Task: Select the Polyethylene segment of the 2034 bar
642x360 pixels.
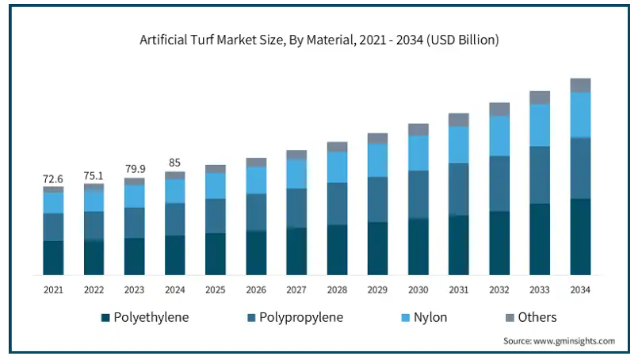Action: point(580,236)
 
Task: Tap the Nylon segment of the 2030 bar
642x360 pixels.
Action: point(418,152)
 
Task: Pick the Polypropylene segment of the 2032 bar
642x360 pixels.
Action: point(499,183)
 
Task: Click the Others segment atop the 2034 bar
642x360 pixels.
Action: point(580,85)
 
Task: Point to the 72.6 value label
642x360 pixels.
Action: point(53,180)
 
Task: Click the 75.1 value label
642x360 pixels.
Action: point(94,177)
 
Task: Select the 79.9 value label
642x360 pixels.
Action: point(135,170)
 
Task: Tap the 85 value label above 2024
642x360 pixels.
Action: point(174,163)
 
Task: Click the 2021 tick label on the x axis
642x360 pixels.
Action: point(53,289)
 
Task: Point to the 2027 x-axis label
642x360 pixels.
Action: point(296,289)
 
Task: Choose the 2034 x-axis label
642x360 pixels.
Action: point(580,289)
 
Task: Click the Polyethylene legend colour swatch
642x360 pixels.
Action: point(105,318)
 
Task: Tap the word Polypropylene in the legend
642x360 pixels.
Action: point(301,318)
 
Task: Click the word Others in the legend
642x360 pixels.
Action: point(537,318)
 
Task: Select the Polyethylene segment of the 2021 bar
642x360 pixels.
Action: point(53,258)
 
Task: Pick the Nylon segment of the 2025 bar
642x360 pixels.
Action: point(216,185)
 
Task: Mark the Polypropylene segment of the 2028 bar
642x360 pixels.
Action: point(337,204)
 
